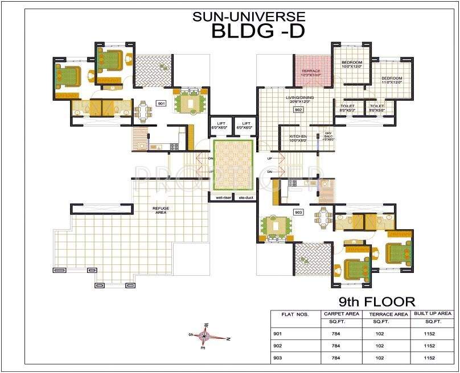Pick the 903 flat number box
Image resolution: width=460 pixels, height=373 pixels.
pyautogui.click(x=298, y=212)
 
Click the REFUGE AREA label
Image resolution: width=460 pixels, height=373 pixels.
pyautogui.click(x=161, y=210)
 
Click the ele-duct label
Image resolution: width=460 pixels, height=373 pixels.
pyautogui.click(x=246, y=197)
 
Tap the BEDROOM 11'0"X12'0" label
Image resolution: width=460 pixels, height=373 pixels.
pyautogui.click(x=392, y=80)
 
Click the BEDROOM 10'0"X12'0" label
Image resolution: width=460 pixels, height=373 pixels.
pyautogui.click(x=352, y=64)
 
